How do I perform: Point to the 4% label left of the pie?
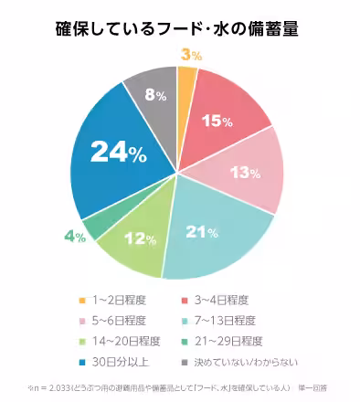[75, 237]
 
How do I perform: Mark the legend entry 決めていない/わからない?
[240, 362]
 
